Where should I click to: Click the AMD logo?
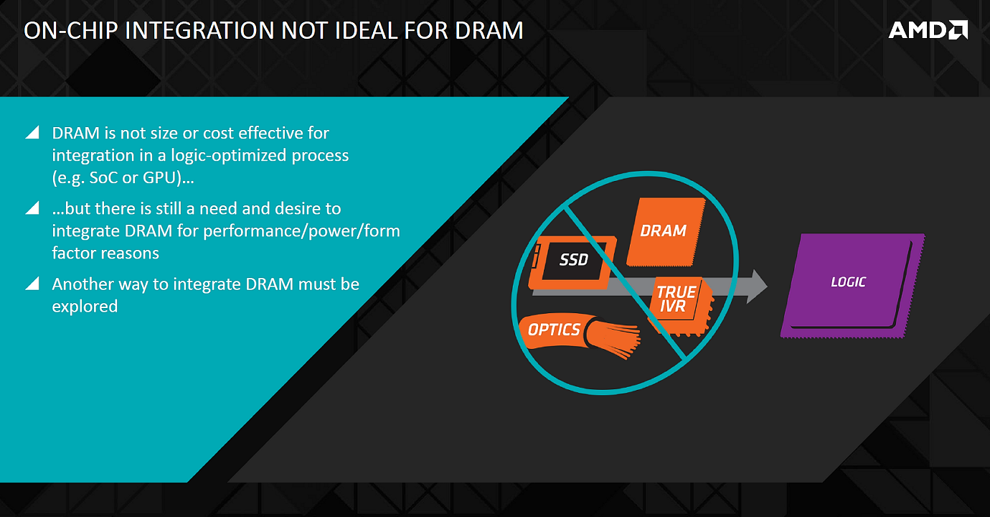(928, 30)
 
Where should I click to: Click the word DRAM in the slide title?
(489, 30)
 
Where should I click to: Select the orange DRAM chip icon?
(666, 232)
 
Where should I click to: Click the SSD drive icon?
(572, 263)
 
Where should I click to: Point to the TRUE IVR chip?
(681, 306)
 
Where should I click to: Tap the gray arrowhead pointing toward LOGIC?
(757, 287)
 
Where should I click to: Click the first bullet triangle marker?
(33, 132)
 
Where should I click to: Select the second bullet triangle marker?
(33, 208)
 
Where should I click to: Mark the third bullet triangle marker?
(33, 284)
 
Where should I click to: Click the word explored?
(85, 307)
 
